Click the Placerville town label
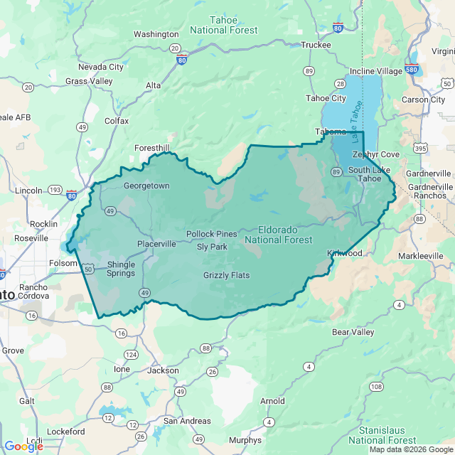(156, 244)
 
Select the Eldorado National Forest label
(278, 235)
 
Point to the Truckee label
(316, 45)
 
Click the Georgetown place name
(146, 186)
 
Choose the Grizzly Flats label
(226, 275)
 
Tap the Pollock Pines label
(212, 234)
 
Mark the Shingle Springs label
(120, 269)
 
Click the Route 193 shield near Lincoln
(55, 191)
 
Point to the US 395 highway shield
(421, 149)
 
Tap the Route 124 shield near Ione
(131, 354)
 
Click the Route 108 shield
(375, 387)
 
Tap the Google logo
(23, 446)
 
